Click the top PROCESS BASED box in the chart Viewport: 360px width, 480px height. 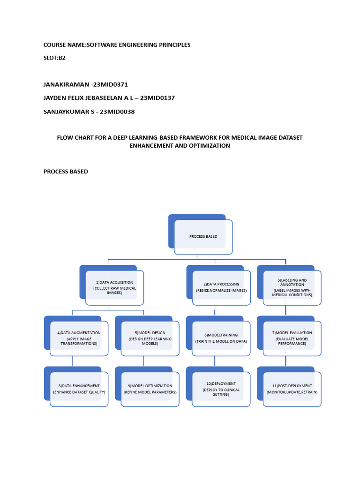point(203,237)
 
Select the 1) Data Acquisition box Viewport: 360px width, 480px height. point(114,287)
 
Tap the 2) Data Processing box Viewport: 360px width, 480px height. point(221,287)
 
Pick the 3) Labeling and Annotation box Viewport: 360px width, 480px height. point(292,287)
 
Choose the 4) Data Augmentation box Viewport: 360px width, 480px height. point(79,338)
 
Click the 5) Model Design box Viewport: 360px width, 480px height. point(150,338)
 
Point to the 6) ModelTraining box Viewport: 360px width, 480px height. point(221,338)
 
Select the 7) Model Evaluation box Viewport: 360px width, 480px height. point(292,338)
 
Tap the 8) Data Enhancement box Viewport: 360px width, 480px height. point(79,389)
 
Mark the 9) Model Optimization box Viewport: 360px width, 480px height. point(150,389)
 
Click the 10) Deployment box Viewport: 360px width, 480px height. point(221,389)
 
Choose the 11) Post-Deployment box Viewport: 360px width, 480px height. point(292,389)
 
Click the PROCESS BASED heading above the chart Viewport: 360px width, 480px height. point(66,172)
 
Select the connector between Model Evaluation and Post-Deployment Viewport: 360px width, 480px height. point(286,361)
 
